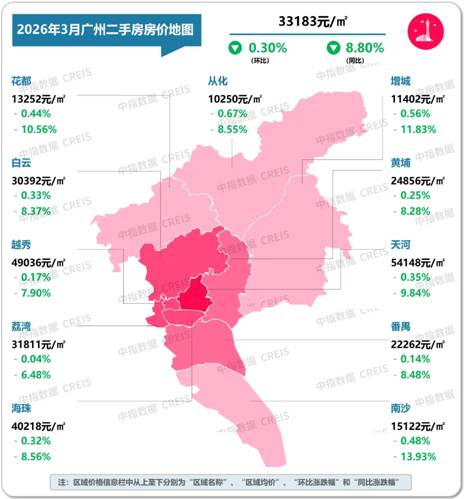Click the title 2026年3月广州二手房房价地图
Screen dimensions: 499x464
point(104,29)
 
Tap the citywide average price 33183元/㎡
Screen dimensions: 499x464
point(314,22)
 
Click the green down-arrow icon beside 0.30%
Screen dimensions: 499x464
point(235,48)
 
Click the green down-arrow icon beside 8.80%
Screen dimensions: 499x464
point(333,48)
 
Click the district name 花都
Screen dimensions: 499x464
point(21,81)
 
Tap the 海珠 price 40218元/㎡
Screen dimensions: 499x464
point(38,426)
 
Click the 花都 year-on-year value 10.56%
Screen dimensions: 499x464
point(38,129)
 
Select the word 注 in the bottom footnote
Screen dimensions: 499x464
point(56,481)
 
